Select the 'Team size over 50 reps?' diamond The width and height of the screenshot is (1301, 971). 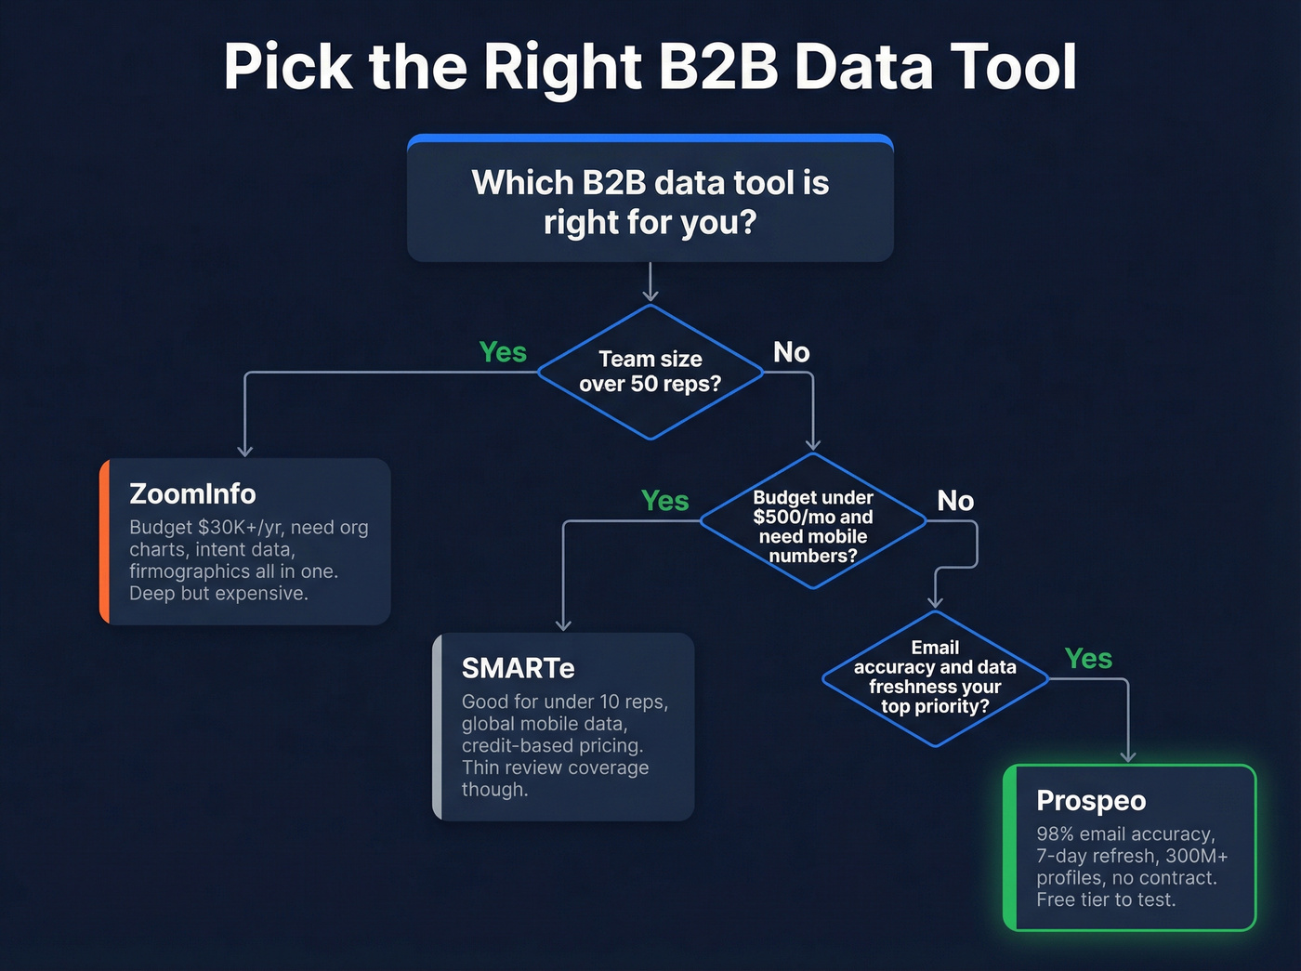point(650,372)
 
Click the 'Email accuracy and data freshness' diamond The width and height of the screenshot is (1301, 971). point(935,677)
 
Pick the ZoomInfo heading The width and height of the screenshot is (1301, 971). point(192,493)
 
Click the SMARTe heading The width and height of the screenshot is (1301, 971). point(518,668)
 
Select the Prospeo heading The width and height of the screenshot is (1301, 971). point(1091,800)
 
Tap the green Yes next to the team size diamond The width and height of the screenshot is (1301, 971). point(502,352)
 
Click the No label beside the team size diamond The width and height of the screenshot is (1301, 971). point(792,352)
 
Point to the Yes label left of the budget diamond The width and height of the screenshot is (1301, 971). point(664,501)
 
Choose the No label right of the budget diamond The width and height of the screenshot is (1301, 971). point(955,501)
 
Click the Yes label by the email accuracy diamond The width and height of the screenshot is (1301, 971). point(1088,659)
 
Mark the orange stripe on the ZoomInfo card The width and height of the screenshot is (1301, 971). point(104,541)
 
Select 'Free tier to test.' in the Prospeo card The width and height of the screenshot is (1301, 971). point(1106,899)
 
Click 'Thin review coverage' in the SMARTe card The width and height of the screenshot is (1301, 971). point(555,768)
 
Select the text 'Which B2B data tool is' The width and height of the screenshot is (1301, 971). point(650,183)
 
